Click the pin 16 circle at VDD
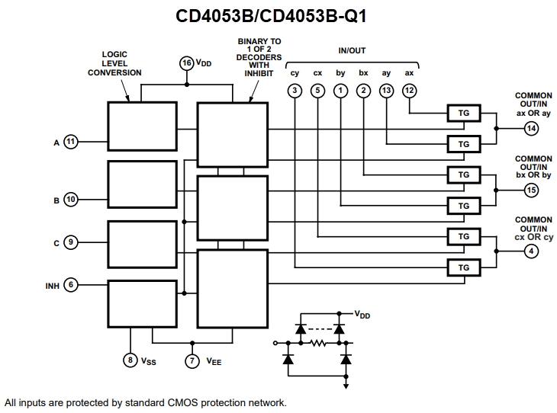coord(186,63)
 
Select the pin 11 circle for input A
coord(71,141)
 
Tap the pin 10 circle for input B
coord(71,200)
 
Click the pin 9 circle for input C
coord(71,242)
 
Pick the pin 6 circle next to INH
coord(71,285)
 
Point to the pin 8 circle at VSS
coord(130,360)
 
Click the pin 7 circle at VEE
coord(192,360)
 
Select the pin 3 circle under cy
coord(295,91)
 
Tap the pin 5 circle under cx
coord(318,91)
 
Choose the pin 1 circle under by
coord(341,91)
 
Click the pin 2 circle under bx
coord(363,91)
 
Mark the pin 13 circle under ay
coord(386,91)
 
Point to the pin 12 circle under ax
coord(410,91)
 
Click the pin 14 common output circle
coord(531,129)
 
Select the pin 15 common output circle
coord(531,190)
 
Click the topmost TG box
coord(463,113)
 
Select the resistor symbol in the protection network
coord(317,343)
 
